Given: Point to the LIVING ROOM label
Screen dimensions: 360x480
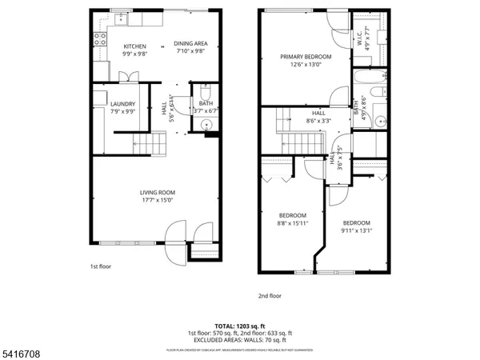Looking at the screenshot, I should (x=158, y=192).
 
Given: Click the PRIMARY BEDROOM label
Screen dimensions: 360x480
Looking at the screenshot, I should (x=306, y=57).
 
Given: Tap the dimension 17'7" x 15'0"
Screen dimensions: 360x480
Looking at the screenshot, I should (x=158, y=200).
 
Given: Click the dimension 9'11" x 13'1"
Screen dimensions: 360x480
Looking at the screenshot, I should (x=356, y=231).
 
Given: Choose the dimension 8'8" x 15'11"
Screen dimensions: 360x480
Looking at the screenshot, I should (x=292, y=224).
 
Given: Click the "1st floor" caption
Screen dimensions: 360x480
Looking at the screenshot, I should (x=100, y=267).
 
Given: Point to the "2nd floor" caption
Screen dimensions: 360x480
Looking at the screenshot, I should (x=270, y=295).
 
